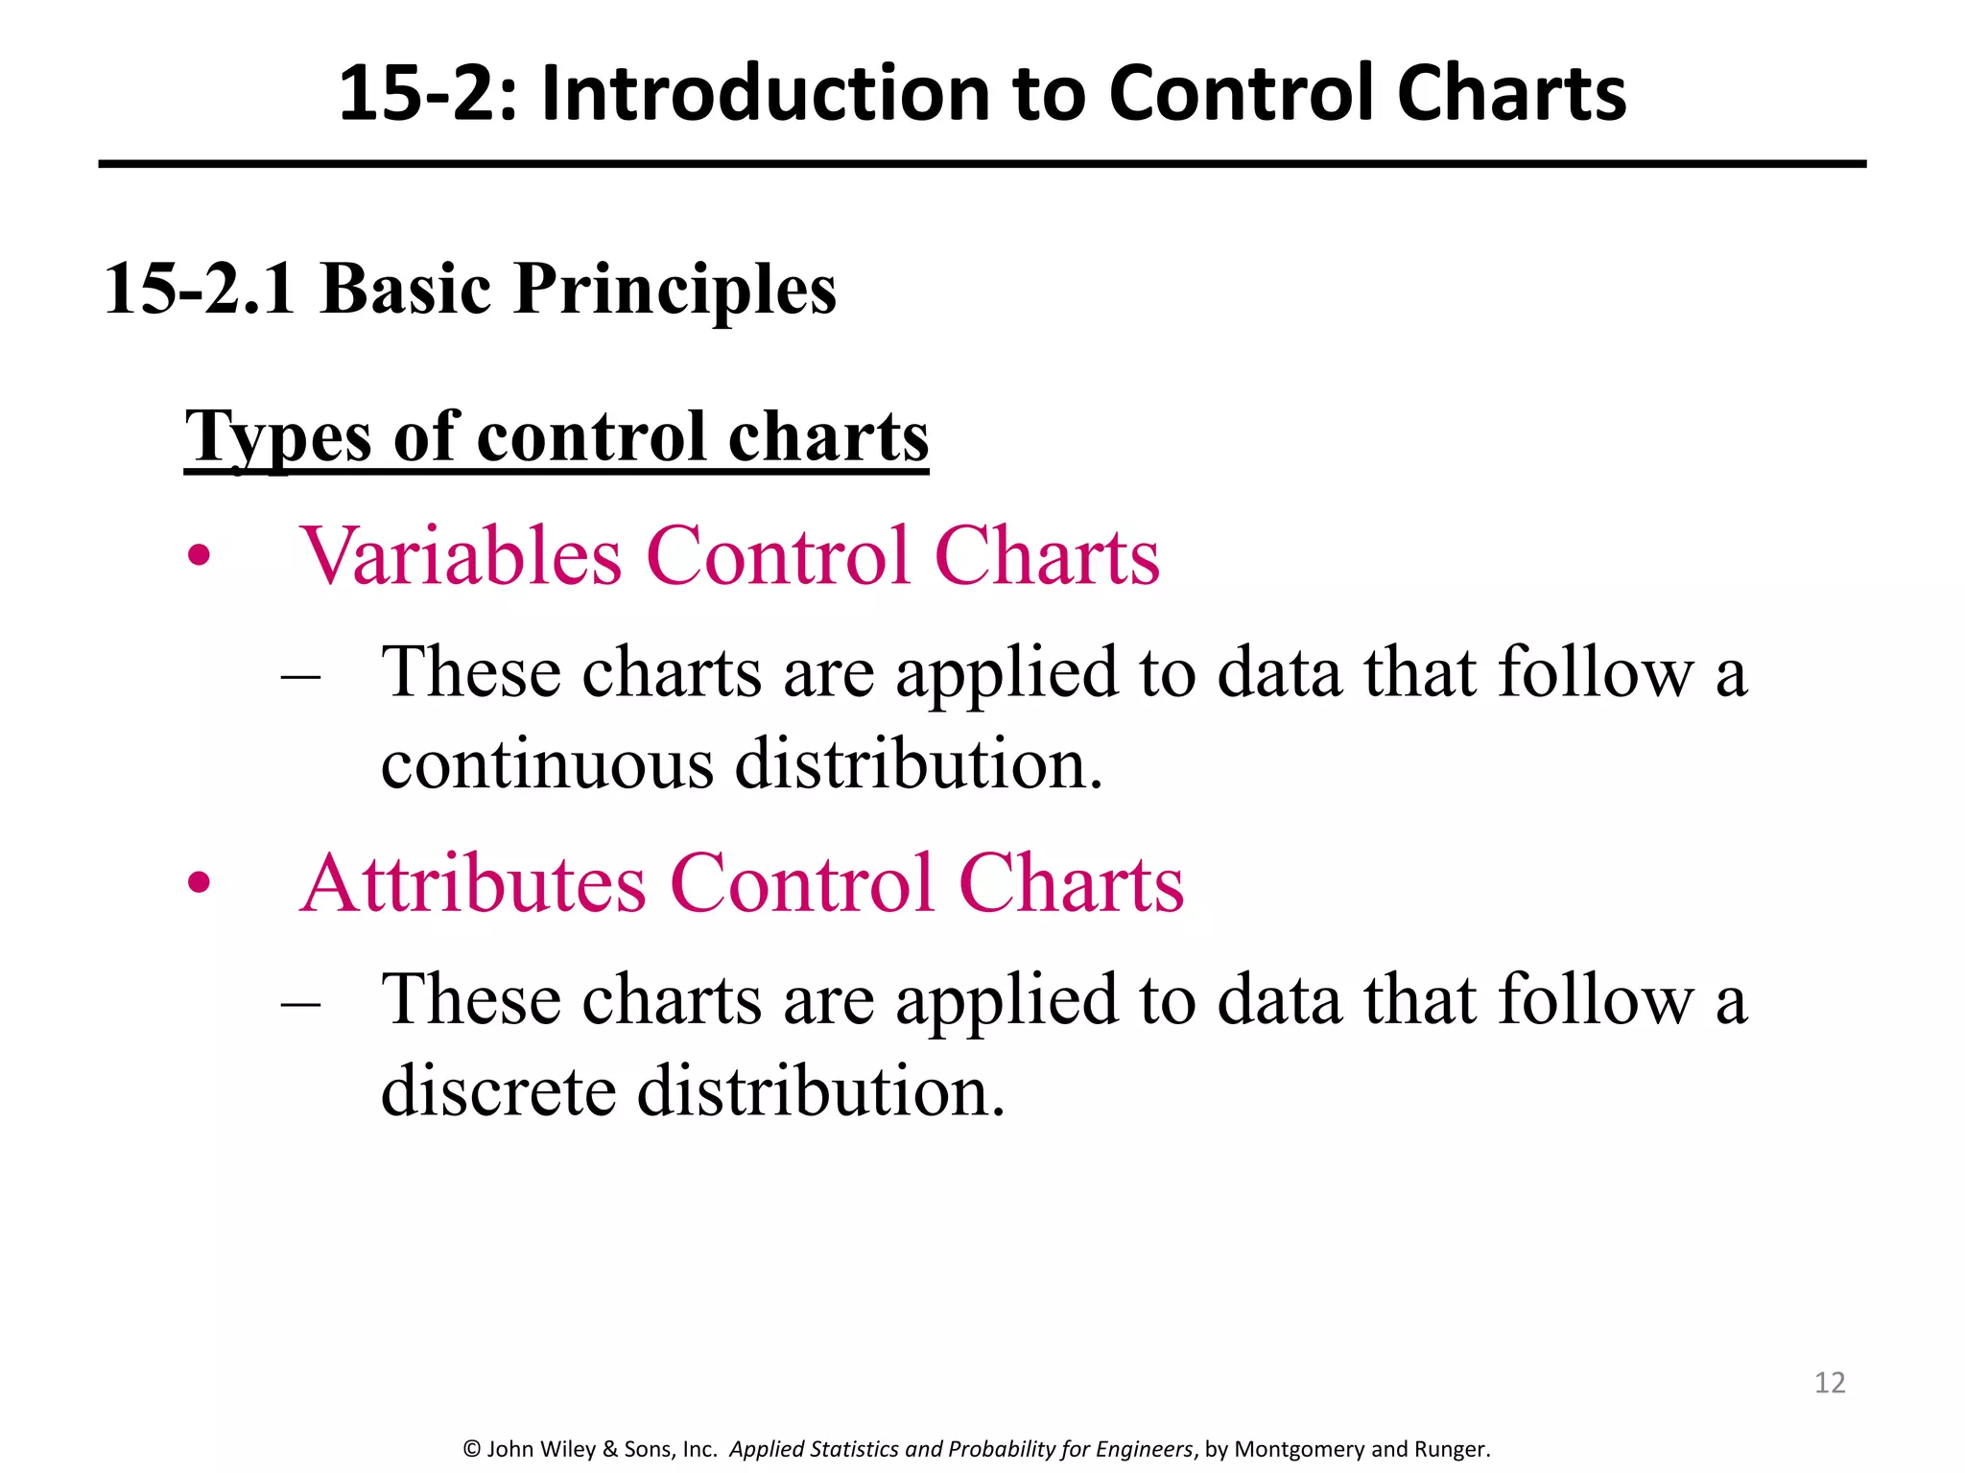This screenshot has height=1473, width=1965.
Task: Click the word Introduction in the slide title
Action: pos(764,94)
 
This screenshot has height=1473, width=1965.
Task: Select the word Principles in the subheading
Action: pos(675,289)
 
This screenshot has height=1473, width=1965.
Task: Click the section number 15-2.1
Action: pos(200,289)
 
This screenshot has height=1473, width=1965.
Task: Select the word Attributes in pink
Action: pos(473,883)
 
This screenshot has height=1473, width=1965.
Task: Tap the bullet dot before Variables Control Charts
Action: pos(199,556)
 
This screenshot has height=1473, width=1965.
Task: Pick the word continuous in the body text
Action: pos(547,764)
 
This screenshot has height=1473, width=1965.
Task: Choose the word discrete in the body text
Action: pos(498,1091)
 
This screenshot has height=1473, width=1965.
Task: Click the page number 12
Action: pos(1830,1383)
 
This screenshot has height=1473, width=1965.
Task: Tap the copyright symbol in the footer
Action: pos(471,1449)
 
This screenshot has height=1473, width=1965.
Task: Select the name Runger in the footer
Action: pos(1452,1449)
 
